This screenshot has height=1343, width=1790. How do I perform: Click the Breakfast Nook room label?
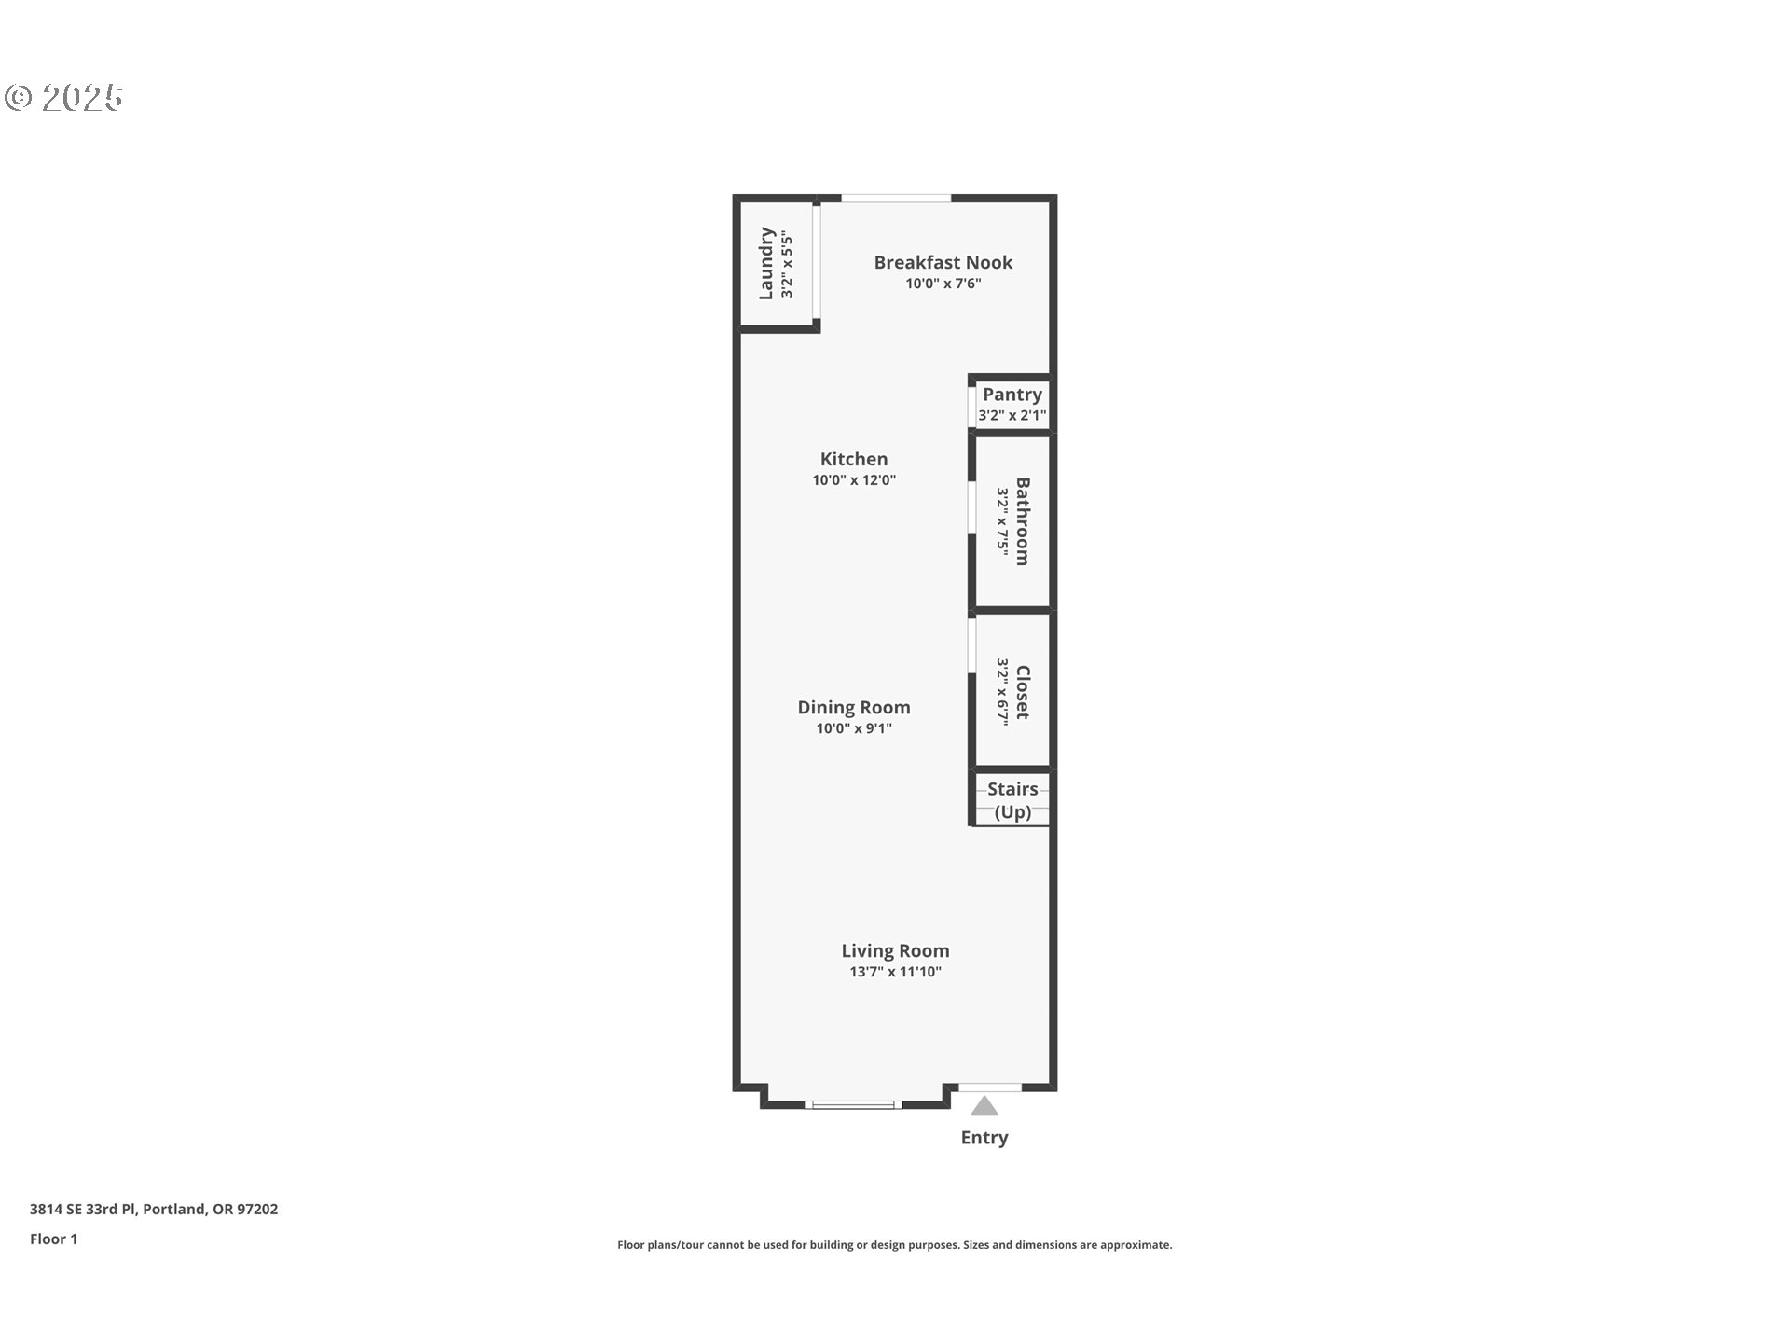tap(943, 262)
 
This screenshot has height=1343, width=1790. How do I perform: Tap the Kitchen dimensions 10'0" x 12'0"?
tap(853, 480)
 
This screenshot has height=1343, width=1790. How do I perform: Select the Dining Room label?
tap(853, 707)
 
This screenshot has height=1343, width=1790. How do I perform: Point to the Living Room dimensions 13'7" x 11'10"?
tap(895, 972)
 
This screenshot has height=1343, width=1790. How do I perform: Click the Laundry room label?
tap(766, 263)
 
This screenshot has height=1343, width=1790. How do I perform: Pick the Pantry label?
tap(1012, 395)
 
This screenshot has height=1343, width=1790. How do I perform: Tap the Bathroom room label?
tap(1022, 521)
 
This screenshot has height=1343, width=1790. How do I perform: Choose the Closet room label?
tap(1022, 692)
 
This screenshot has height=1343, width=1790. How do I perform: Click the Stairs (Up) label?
tap(1012, 800)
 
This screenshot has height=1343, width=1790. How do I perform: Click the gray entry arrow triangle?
tap(984, 1108)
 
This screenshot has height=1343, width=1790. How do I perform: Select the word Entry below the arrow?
tap(984, 1138)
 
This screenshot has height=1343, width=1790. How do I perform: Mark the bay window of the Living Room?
tap(853, 1105)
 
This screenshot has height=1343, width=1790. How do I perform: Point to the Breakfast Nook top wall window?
tap(896, 198)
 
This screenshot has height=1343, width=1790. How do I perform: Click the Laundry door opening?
tap(816, 263)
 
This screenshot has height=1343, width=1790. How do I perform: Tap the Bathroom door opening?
tap(971, 507)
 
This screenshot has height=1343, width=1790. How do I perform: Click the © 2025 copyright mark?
tap(63, 98)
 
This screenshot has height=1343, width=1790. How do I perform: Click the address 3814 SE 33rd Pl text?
tap(154, 1210)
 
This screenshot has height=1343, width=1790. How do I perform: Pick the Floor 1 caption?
tap(54, 1239)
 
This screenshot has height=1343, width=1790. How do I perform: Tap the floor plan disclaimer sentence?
tap(894, 1245)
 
